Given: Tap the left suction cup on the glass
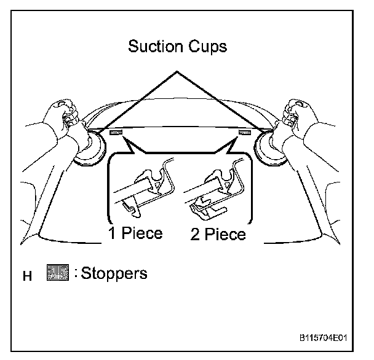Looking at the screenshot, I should click(89, 148).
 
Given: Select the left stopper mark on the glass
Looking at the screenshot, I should click(116, 132).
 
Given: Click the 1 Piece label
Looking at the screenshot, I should click(135, 233).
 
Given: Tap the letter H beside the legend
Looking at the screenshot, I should click(26, 276).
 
